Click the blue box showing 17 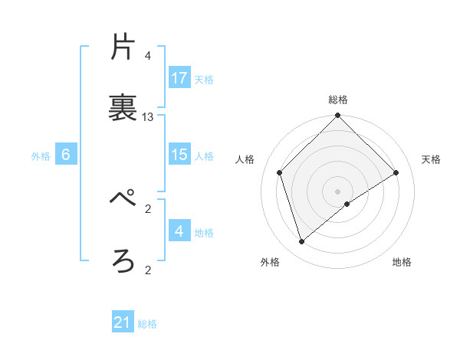[179, 78]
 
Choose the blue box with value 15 [179, 155]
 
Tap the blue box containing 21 [123, 322]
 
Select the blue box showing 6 [66, 155]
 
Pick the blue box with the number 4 [179, 231]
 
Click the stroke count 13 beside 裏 [148, 117]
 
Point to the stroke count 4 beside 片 [148, 56]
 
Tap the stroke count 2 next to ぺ [148, 208]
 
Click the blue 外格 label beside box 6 [41, 155]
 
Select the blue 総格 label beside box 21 [147, 323]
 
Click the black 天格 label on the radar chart [431, 159]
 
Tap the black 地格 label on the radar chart [402, 262]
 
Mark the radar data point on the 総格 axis [337, 116]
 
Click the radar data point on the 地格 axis [347, 204]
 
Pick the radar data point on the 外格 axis [302, 242]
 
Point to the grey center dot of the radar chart [337, 191]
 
